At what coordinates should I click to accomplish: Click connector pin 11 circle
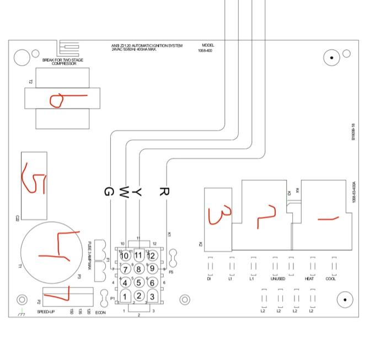(138, 256)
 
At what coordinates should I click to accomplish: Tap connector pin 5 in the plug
(139, 283)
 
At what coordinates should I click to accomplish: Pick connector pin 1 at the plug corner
(126, 297)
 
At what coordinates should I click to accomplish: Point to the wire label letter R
(163, 192)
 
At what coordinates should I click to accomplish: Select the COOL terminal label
(330, 279)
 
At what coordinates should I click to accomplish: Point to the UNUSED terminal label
(278, 279)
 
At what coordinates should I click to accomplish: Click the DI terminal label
(209, 279)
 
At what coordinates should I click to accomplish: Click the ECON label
(100, 312)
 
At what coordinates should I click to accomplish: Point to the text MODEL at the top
(208, 45)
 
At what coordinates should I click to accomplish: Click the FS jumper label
(171, 272)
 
